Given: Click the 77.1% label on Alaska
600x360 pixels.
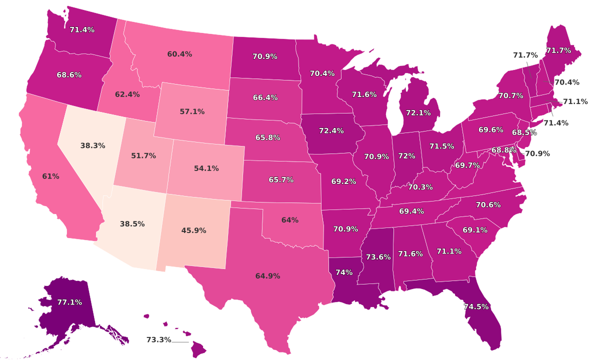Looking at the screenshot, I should (69, 302).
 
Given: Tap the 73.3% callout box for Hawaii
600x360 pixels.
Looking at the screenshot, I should (158, 340).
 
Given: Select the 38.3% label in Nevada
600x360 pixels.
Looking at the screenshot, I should (92, 146).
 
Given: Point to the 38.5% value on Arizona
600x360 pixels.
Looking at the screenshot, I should (132, 224).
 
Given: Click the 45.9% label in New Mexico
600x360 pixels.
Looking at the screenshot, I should (193, 231).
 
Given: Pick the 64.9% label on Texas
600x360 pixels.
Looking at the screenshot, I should (267, 276).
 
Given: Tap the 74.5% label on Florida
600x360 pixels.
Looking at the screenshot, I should (476, 307).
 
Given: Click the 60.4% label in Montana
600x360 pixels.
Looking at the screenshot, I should (179, 54).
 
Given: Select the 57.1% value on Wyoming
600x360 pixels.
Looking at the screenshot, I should (192, 112).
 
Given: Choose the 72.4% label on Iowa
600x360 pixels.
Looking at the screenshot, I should (331, 131).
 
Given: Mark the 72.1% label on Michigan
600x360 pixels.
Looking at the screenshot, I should (418, 113).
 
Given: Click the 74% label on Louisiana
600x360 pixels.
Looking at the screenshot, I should (344, 272).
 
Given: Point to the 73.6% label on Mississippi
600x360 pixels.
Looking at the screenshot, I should (378, 257).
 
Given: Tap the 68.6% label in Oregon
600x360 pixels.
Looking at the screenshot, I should (69, 75).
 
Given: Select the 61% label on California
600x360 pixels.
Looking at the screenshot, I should (50, 176).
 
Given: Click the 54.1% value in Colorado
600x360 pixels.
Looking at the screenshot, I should (206, 168).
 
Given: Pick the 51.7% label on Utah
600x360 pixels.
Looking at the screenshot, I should (143, 156).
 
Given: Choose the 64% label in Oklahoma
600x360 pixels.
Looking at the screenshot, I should (290, 220).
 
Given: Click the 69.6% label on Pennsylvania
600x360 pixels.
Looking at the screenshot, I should (491, 130).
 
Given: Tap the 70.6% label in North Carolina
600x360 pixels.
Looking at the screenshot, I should (488, 205).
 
